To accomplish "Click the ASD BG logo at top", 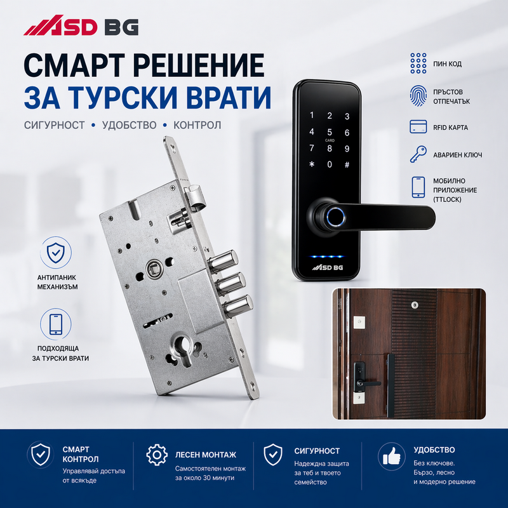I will point(81,29).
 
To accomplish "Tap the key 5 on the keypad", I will point(329,132).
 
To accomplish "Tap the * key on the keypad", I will point(311,164).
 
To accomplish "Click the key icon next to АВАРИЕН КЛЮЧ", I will point(418,155).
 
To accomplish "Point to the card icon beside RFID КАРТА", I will point(418,126).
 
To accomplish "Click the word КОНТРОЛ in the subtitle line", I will point(198,125).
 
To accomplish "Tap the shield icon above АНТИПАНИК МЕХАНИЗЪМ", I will point(57,252).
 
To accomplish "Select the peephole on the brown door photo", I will point(414,305).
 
